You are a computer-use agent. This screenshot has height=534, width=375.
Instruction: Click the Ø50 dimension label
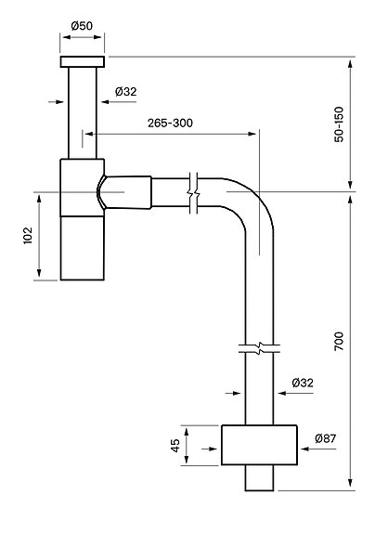(82, 26)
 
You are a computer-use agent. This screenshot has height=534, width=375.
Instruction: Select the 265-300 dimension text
(170, 123)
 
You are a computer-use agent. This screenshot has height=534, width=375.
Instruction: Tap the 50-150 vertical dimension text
(340, 124)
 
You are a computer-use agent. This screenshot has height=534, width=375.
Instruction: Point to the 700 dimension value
(340, 341)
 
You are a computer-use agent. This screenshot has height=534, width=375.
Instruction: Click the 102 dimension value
(28, 235)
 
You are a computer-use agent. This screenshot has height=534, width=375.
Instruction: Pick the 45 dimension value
(175, 446)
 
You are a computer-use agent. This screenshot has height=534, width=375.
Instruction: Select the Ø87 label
(326, 438)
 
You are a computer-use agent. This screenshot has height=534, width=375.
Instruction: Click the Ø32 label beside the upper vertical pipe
(125, 92)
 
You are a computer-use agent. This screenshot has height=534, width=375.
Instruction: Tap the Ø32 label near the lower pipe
(303, 383)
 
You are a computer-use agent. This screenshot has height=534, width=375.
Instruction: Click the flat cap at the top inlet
(83, 61)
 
